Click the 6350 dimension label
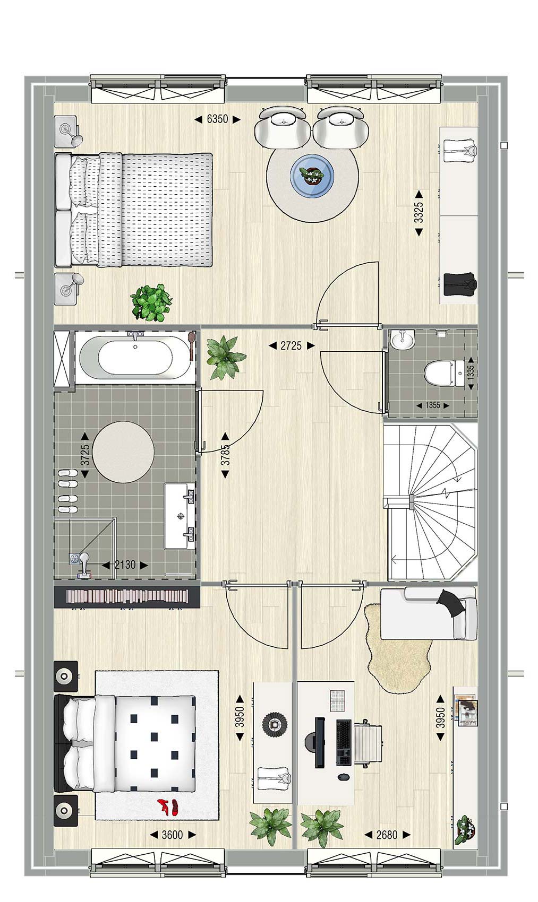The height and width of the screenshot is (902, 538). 217,119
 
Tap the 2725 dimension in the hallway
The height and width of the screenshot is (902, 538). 291,345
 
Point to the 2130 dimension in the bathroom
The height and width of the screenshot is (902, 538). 125,565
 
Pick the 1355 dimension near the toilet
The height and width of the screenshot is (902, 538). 433,405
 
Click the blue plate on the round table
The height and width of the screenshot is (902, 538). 312,176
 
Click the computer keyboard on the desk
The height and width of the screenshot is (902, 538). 343,742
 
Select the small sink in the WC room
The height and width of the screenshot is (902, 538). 402,340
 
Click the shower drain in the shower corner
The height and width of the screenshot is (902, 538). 74,558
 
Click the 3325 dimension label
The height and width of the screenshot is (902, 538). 419,212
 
